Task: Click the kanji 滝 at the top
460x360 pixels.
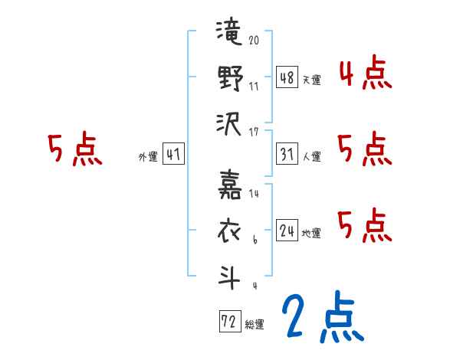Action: [229, 37]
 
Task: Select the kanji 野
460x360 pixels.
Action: [229, 78]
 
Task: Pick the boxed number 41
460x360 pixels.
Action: [173, 154]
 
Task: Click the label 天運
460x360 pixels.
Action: [312, 80]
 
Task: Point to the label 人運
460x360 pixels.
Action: [312, 156]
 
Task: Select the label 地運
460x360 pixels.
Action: [312, 233]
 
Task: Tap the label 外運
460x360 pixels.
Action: [147, 157]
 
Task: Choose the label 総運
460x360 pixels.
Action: [255, 325]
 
